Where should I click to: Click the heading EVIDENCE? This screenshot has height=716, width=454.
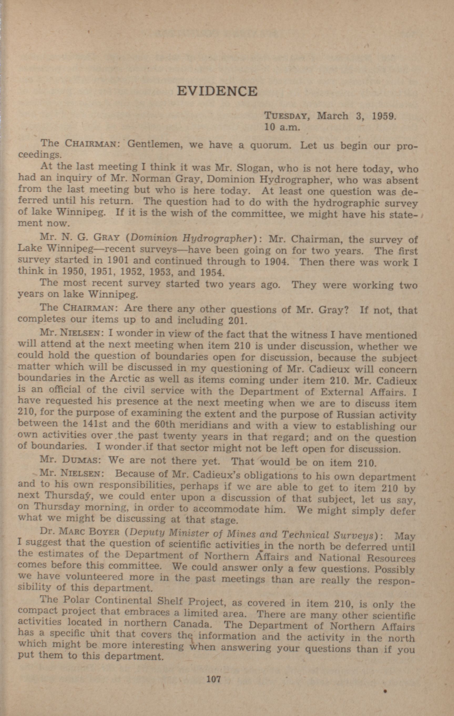217,91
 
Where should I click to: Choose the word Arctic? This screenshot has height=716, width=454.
124,378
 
